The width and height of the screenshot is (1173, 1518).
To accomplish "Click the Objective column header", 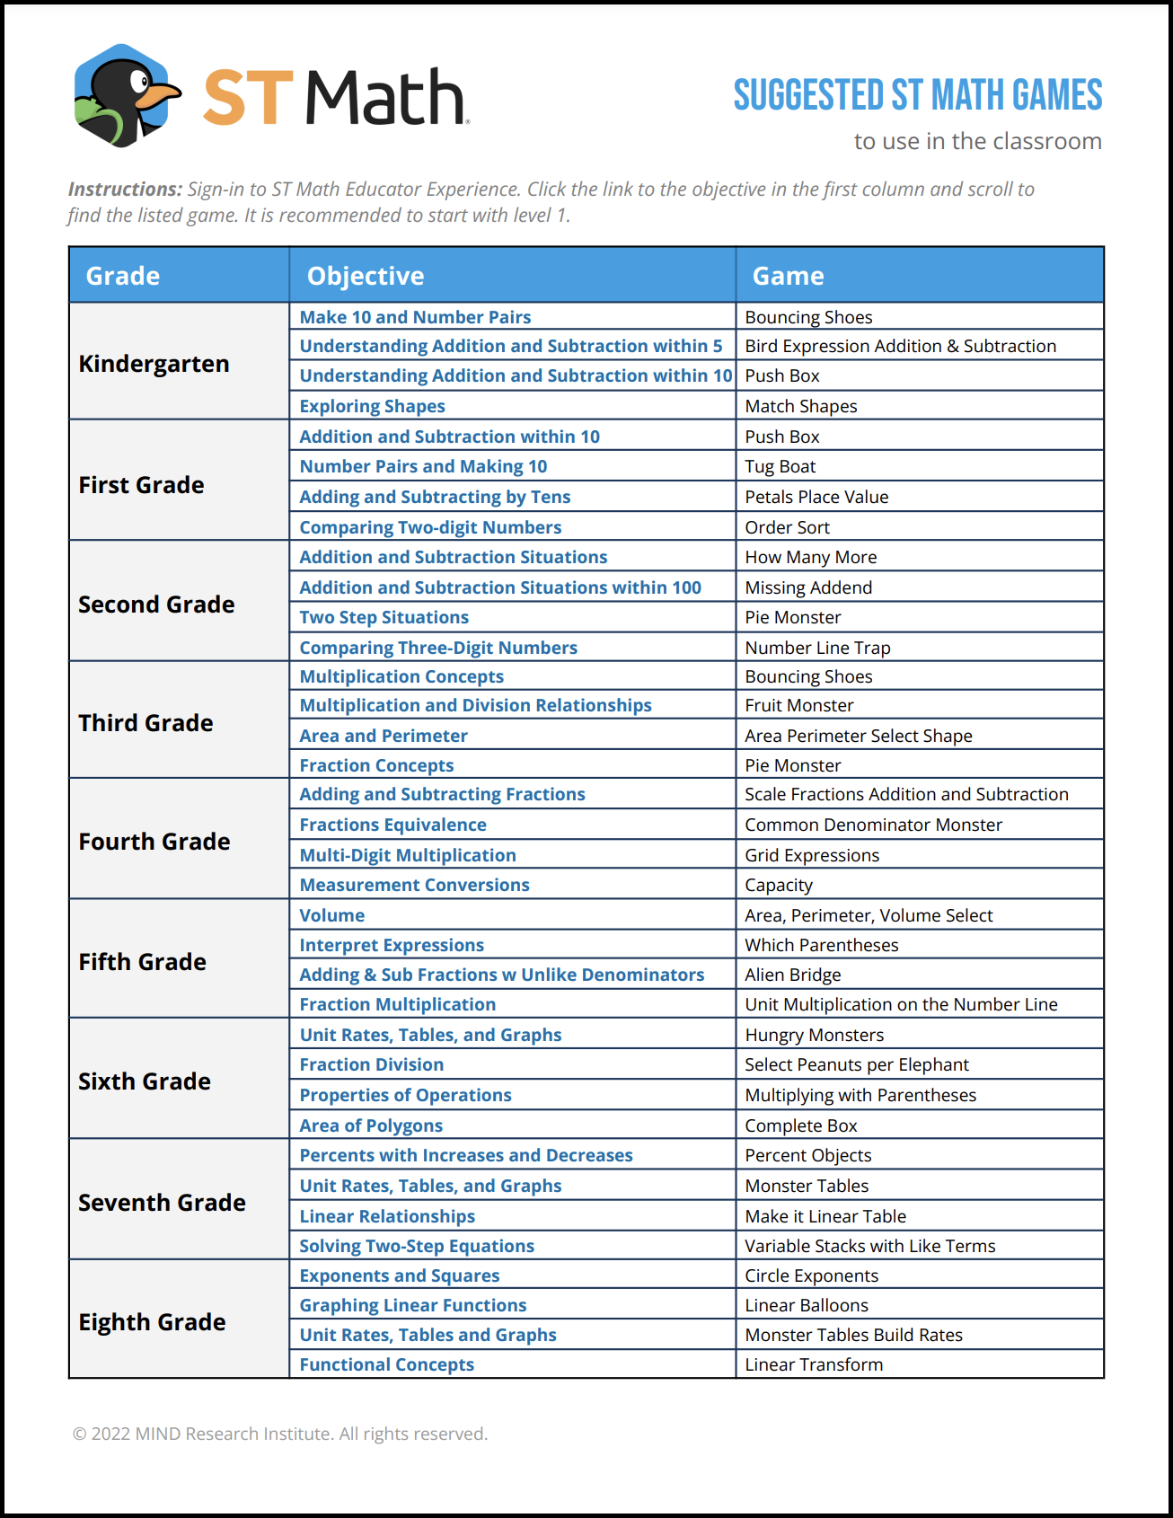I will coord(366,276).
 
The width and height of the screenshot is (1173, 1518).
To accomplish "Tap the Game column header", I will coord(788,276).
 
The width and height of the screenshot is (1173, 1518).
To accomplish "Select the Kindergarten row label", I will coord(154,364).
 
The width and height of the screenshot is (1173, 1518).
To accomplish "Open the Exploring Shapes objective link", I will coord(372,406).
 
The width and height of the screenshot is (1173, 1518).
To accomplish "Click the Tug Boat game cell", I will coord(780,466).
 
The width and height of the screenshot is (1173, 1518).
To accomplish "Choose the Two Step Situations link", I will coord(384,617).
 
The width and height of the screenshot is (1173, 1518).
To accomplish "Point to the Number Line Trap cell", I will coord(817,648).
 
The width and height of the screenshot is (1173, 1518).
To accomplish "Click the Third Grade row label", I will coord(146,723).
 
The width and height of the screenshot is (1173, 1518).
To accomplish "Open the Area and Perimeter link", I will coord(384,736).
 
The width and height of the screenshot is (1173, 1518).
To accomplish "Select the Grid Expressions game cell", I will coord(812,855).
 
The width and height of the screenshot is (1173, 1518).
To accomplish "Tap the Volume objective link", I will coord(331,915).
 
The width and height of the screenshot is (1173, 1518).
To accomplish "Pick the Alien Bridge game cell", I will coord(792,975).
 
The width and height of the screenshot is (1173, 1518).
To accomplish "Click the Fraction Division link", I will coord(371,1064).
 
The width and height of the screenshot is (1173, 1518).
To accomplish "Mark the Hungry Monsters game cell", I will coord(814,1035).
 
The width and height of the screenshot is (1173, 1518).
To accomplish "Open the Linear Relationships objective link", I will coord(387,1216).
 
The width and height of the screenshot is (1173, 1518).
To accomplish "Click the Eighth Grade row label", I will coord(152,1322).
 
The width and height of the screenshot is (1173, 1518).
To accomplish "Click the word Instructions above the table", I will coord(125,190).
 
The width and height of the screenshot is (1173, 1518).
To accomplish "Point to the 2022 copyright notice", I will coord(279,1434).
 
